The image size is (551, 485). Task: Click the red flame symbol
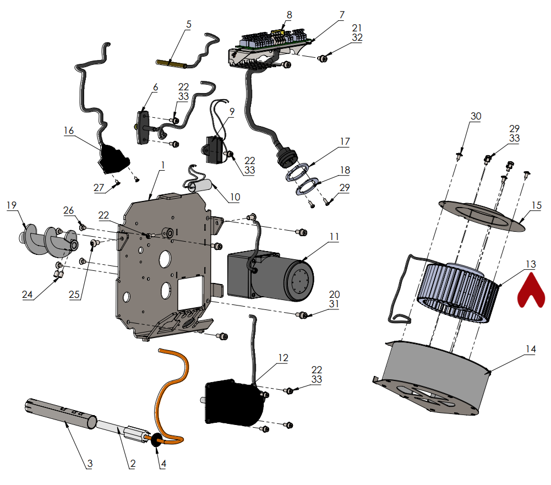point(530,290)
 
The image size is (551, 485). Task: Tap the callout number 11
point(334,237)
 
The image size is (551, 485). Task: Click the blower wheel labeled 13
point(458,292)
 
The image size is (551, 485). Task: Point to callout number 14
point(531,348)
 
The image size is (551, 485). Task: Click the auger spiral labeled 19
point(47,238)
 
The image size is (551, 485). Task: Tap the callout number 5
point(189,25)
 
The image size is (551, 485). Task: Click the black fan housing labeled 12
point(234,403)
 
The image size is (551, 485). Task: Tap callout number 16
point(69,130)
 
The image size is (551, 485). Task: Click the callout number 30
point(476,116)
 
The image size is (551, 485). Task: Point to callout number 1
point(162,165)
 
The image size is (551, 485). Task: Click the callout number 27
point(99,188)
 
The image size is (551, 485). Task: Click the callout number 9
point(232,111)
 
